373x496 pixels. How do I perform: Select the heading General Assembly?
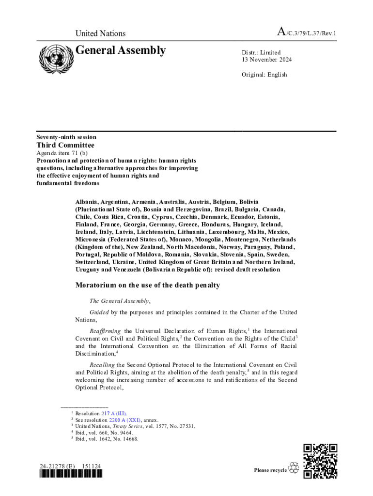pyautogui.click(x=121, y=50)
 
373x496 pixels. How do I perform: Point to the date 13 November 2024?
pyautogui.click(x=267, y=60)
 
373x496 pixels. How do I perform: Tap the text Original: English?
pyautogui.click(x=264, y=75)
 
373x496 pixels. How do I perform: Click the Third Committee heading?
pyautogui.click(x=66, y=145)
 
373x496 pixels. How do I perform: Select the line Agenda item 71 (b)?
pyautogui.click(x=62, y=153)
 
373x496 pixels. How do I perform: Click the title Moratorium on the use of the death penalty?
pyautogui.click(x=148, y=285)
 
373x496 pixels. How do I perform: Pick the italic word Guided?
pyautogui.click(x=99, y=312)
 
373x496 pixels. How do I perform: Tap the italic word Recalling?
pyautogui.click(x=102, y=365)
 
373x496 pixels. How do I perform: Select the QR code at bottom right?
pyautogui.click(x=320, y=461)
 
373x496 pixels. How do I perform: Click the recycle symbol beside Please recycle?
pyautogui.click(x=294, y=468)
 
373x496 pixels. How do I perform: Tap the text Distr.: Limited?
pyautogui.click(x=261, y=52)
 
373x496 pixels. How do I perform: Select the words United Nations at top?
pyautogui.click(x=100, y=33)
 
